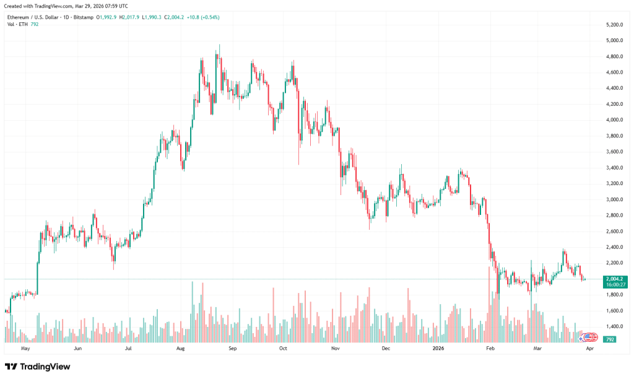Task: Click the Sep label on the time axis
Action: [232, 349]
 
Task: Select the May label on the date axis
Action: [25, 349]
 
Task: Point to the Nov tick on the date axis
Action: [335, 349]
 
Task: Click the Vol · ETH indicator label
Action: [17, 24]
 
